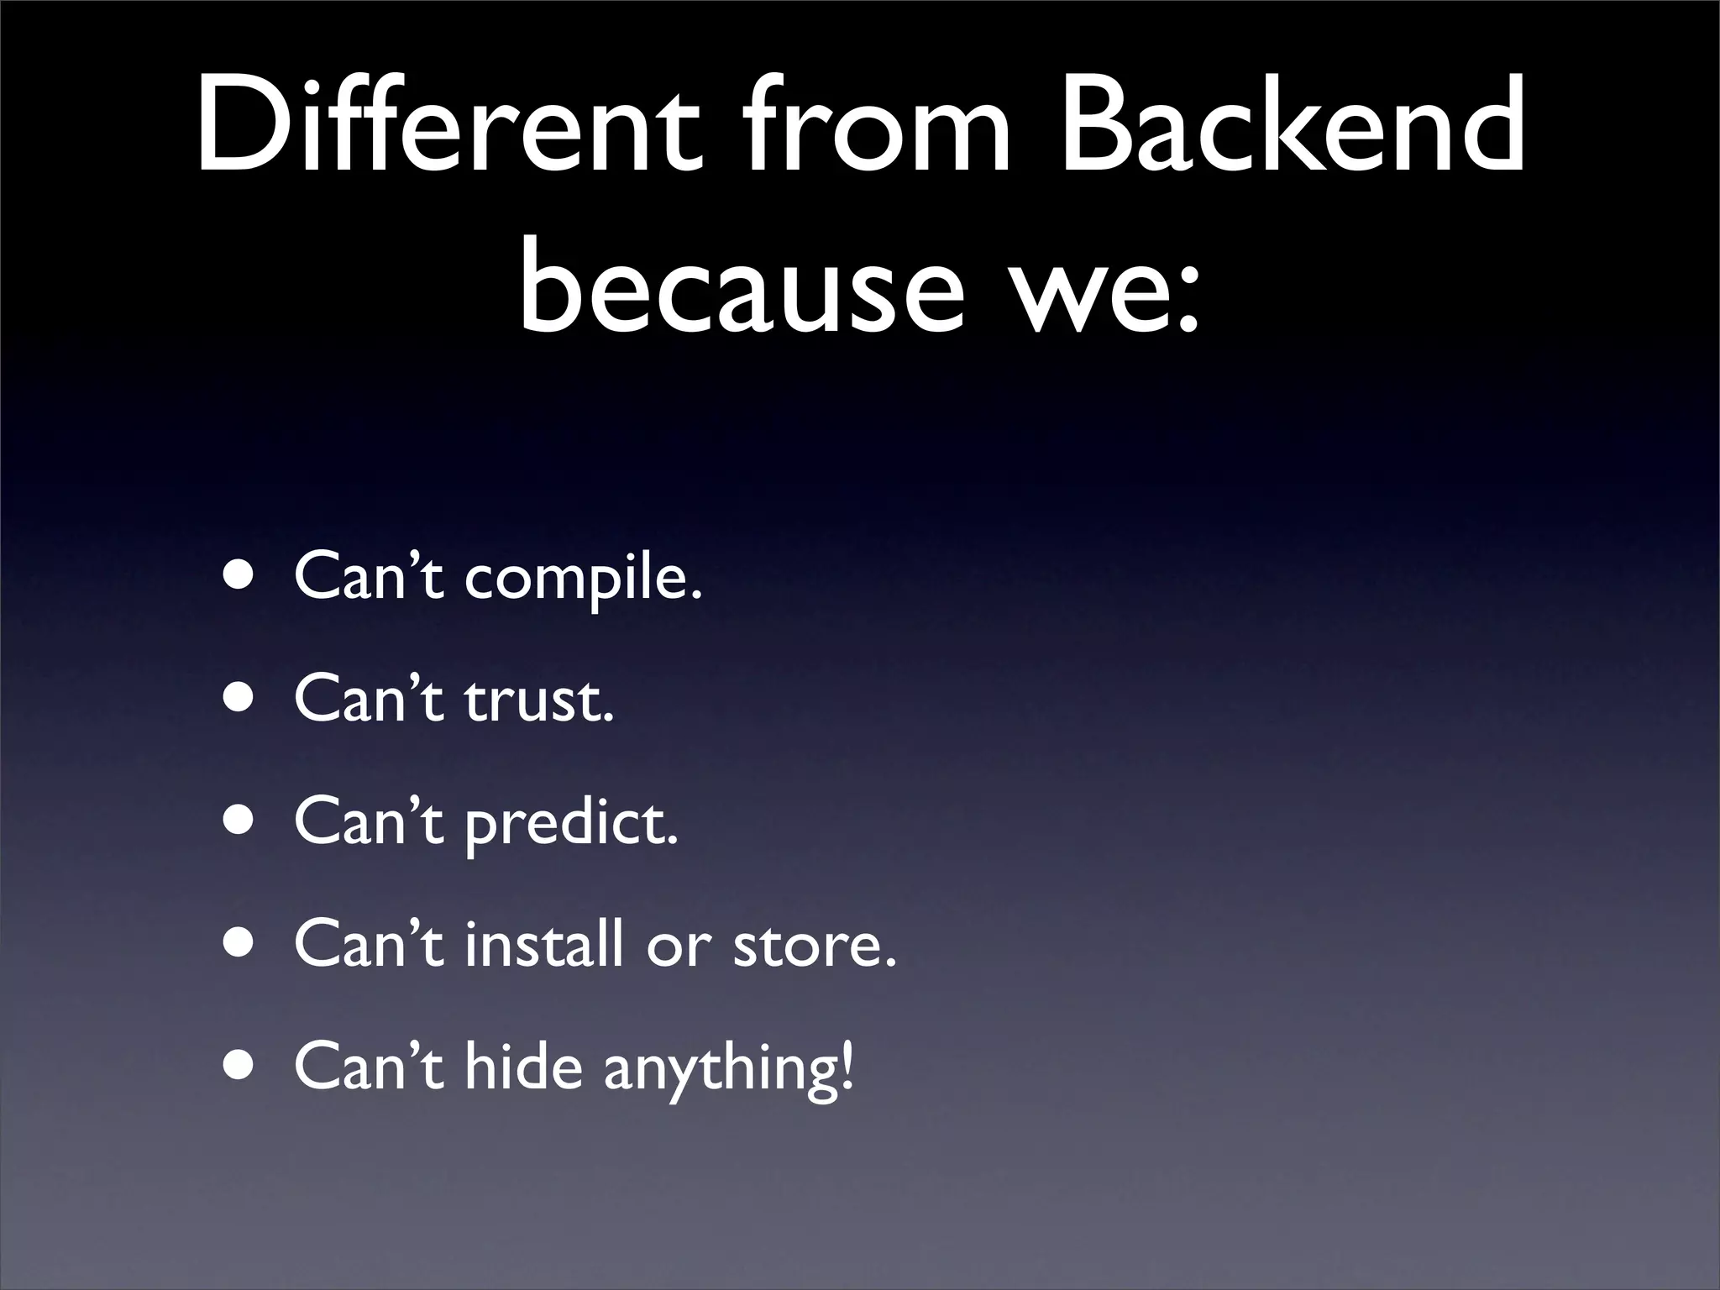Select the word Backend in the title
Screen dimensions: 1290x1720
pyautogui.click(x=1292, y=126)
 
